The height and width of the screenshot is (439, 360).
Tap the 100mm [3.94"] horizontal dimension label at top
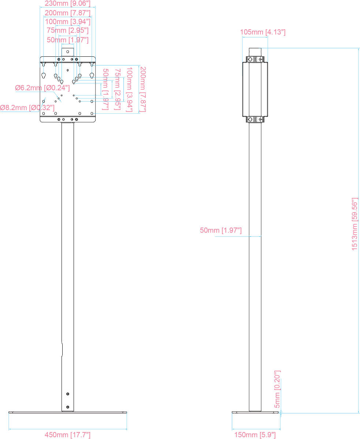[x=67, y=22]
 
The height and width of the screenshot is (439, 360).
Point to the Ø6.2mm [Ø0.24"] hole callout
[x=42, y=88]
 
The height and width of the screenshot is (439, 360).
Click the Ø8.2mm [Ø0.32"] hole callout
[x=27, y=108]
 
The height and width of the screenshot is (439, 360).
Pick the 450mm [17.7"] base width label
[x=67, y=435]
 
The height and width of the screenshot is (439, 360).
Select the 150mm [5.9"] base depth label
[x=255, y=435]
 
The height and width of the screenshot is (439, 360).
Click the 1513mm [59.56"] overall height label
[x=355, y=224]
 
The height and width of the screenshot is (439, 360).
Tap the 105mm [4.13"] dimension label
[x=263, y=32]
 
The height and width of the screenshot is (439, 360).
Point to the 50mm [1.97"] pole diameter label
[x=220, y=230]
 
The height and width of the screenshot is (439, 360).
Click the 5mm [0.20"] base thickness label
[x=277, y=389]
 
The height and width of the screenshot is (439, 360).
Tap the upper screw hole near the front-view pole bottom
[x=67, y=394]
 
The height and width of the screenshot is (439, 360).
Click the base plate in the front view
[x=67, y=412]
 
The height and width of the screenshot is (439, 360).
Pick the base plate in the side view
[x=255, y=412]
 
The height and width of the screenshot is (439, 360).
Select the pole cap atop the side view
[x=255, y=51]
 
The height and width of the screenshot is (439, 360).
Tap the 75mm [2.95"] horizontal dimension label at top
[x=67, y=30]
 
